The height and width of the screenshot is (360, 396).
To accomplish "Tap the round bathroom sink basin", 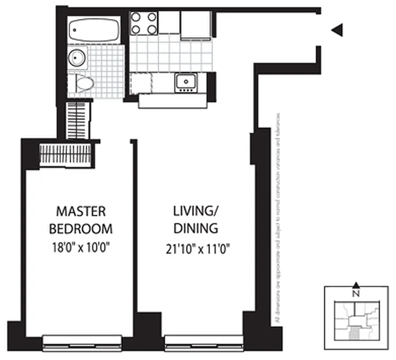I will pos(76,58).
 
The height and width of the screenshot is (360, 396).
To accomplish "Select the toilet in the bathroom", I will pos(84,83).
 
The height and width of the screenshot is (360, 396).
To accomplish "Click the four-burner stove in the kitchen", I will pos(144,23).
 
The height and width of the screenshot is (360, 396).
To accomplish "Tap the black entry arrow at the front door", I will pos(338,30).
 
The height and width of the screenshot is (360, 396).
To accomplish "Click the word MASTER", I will pos(80,211).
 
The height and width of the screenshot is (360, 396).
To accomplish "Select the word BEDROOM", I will pos(80,229).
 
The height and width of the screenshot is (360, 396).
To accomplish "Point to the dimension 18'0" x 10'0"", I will pos(80,247).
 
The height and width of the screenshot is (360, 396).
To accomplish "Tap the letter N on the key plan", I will pos(356,295).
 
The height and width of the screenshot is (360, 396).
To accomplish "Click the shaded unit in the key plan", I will pos(355,333).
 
